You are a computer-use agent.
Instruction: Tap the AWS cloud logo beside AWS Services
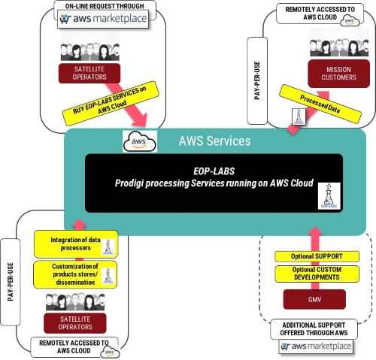pyautogui.click(x=138, y=141)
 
